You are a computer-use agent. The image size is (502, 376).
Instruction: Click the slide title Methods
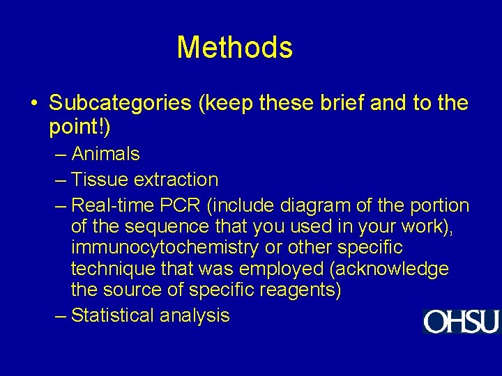(x=234, y=47)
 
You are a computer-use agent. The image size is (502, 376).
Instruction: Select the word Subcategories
(x=120, y=104)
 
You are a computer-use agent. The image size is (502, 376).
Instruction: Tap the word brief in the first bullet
(x=334, y=104)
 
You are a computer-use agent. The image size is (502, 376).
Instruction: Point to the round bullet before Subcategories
(x=34, y=104)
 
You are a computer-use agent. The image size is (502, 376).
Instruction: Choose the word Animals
(x=105, y=154)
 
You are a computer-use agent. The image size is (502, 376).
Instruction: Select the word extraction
(x=176, y=180)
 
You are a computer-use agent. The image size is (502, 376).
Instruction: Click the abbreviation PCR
(x=180, y=205)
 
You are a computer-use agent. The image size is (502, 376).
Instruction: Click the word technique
(x=114, y=269)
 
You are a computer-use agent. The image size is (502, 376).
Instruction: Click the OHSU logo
(x=461, y=322)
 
